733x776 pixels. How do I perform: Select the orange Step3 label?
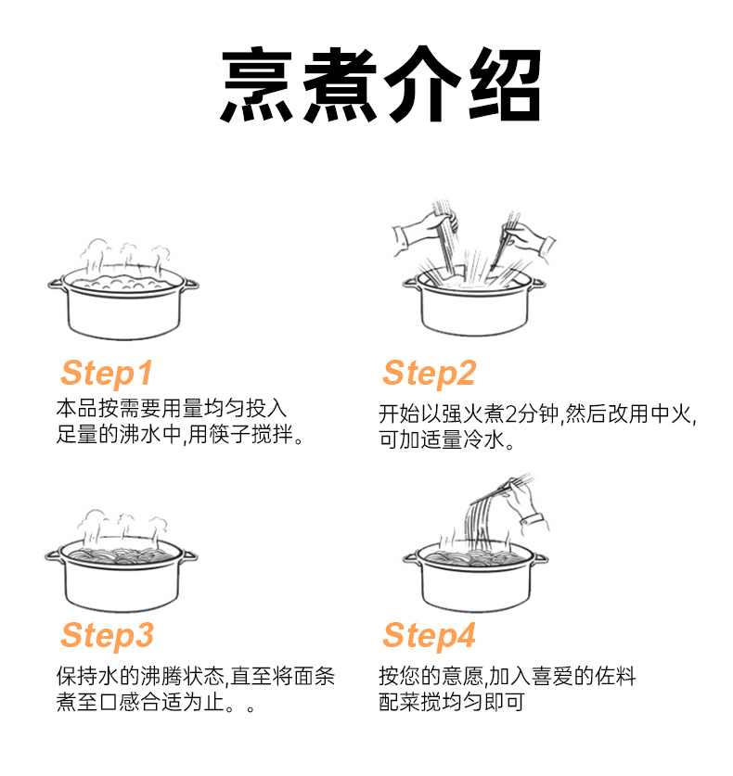[107, 636]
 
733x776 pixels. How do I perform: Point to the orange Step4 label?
[429, 636]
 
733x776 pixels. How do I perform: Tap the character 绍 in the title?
[503, 84]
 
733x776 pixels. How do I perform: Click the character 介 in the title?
[422, 84]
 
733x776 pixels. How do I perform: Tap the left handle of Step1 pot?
[56, 284]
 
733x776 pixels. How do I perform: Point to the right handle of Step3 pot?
[189, 556]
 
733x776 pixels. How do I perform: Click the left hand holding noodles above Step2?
[425, 232]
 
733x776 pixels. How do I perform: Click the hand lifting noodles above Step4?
[526, 504]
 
